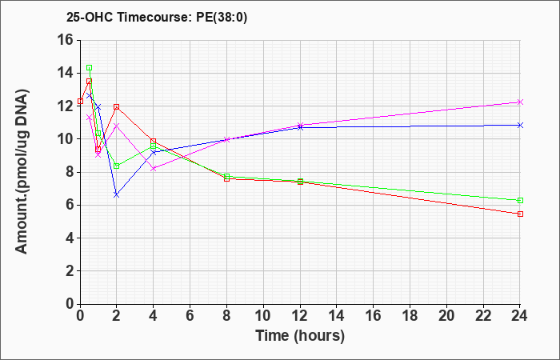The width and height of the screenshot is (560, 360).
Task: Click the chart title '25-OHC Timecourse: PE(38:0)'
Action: click(157, 18)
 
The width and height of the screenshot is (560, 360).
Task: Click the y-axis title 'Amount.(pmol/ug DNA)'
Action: click(22, 172)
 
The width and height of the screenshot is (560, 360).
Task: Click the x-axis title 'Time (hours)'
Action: click(300, 336)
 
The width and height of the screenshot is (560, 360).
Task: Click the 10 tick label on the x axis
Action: click(263, 316)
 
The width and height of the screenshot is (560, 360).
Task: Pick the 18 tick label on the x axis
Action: click(410, 316)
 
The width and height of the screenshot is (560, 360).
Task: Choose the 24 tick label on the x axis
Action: click(519, 316)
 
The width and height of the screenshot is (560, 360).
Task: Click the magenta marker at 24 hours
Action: click(520, 102)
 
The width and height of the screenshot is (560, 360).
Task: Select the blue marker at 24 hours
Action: click(520, 125)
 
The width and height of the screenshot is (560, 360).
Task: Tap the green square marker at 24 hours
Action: click(520, 200)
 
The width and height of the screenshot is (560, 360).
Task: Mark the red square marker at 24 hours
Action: click(520, 214)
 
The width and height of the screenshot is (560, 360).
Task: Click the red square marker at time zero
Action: click(80, 102)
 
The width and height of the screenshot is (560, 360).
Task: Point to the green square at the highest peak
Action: click(90, 67)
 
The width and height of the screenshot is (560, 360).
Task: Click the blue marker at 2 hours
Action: click(117, 194)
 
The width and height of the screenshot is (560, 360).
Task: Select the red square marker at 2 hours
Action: click(117, 106)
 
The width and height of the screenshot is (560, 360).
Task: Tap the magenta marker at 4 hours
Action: click(154, 169)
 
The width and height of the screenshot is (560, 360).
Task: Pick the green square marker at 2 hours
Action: click(117, 166)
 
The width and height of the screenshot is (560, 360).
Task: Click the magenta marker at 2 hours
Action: click(117, 126)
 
